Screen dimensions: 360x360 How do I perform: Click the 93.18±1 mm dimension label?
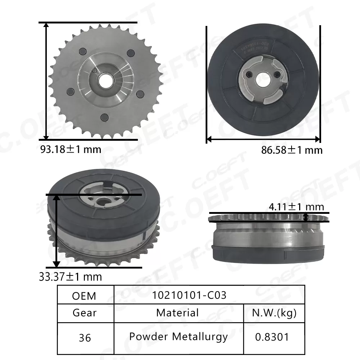point(71,149)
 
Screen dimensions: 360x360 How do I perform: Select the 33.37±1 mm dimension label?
point(71,277)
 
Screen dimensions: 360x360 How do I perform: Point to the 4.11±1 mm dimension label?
point(296,207)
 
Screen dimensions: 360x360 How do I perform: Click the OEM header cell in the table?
point(84,296)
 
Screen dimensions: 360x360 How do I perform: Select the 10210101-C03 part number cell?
point(189,295)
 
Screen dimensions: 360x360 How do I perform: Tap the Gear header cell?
point(85,312)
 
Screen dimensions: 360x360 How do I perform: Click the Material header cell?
point(177,312)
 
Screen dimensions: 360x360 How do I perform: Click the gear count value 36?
point(85,338)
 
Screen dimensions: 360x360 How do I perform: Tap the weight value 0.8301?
point(272,337)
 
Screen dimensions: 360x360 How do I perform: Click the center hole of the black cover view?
point(262,78)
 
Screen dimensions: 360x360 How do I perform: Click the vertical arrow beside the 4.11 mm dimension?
point(306,217)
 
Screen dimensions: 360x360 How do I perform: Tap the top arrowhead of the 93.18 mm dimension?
point(46,25)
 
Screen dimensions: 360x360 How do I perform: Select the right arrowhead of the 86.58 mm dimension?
point(318,139)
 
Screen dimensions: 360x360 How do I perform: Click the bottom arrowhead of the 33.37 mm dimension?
point(56,265)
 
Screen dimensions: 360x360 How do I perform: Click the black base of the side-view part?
point(268,254)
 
